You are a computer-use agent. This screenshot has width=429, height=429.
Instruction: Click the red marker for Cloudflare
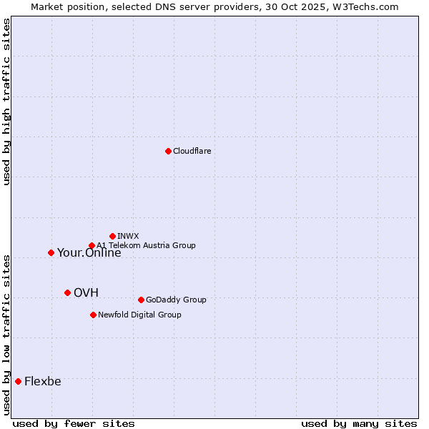coord(168,151)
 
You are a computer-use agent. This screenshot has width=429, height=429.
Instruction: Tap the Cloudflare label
coord(192,151)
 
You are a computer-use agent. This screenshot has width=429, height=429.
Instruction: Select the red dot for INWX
coord(112,236)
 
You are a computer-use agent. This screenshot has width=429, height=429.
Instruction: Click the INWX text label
coord(128,236)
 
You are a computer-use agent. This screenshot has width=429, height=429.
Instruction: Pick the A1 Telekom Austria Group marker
coord(92,245)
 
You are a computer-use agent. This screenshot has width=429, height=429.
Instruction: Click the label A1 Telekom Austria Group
coord(146,245)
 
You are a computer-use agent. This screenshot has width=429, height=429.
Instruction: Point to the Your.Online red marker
coord(51,252)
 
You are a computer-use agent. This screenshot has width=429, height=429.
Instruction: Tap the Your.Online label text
coord(89,253)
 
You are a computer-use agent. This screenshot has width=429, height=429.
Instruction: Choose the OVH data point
coord(67,292)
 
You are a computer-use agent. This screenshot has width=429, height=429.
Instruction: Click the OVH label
coord(86,292)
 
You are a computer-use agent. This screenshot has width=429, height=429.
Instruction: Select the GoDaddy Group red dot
coord(141,300)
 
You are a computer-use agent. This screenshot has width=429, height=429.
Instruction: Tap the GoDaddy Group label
coord(176,300)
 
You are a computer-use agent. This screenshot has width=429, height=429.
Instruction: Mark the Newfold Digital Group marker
coord(93,315)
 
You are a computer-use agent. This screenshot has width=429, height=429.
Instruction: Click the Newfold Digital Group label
coord(139,315)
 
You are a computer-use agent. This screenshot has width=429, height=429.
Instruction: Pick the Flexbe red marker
coord(18,381)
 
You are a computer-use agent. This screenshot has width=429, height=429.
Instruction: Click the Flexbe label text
coord(43,381)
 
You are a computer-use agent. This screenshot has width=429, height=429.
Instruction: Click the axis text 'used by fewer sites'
coord(74,423)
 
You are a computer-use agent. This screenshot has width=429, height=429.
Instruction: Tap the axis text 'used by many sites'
coord(359,423)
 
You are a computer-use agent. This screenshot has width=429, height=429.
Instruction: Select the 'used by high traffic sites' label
coord(6,102)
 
